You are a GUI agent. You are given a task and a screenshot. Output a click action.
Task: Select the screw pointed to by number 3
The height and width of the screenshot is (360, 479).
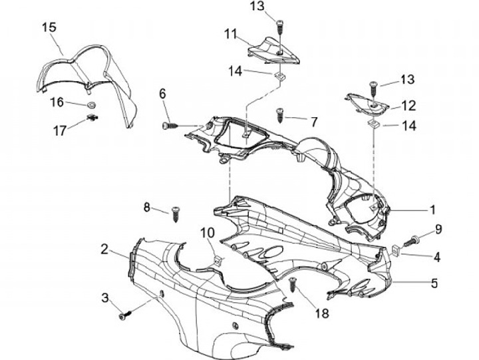tap(124, 315)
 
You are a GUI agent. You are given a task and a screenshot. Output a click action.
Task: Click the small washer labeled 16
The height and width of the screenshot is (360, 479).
tap(90, 105)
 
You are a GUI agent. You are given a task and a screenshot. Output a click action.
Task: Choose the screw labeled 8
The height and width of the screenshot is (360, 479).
tap(176, 214)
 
